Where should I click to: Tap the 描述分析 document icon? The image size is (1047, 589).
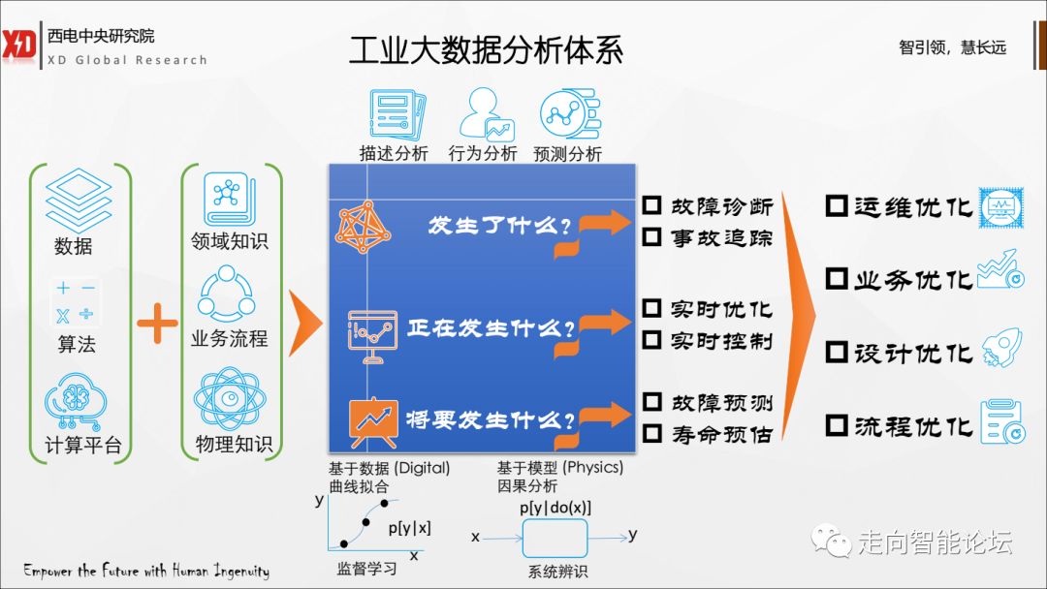tap(392, 115)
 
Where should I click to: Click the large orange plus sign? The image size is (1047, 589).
tap(157, 325)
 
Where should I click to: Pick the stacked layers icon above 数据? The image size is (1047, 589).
tap(77, 198)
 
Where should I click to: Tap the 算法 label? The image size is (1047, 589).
tap(77, 344)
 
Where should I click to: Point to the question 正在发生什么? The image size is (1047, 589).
tap(490, 328)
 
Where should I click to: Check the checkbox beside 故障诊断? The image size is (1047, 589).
tap(652, 205)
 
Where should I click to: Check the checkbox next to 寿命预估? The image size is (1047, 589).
tap(652, 433)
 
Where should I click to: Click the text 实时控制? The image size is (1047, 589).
tap(721, 340)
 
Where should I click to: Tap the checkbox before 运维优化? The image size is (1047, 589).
tap(837, 206)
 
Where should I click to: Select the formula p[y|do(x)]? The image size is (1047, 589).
tap(555, 508)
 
